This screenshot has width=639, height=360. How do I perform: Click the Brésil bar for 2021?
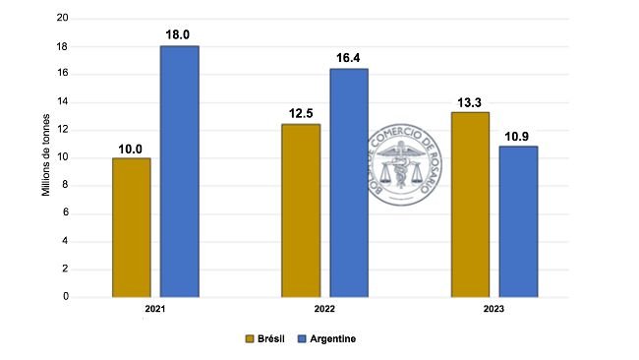tap(132, 227)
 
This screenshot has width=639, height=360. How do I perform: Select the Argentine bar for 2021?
tap(180, 171)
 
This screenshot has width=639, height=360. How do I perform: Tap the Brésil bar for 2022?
tap(301, 210)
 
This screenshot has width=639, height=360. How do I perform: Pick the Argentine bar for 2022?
tap(349, 182)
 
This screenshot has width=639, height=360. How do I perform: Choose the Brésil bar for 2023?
tap(470, 204)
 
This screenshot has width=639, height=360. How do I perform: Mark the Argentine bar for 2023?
tap(518, 220)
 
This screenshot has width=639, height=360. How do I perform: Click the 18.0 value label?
tap(180, 34)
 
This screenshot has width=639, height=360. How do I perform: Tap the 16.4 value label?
tap(349, 57)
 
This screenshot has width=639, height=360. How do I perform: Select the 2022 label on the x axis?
tap(324, 309)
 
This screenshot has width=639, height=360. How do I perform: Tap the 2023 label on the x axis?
tap(494, 309)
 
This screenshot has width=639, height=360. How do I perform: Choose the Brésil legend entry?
tap(267, 338)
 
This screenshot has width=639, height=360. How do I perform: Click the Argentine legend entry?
tap(323, 338)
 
